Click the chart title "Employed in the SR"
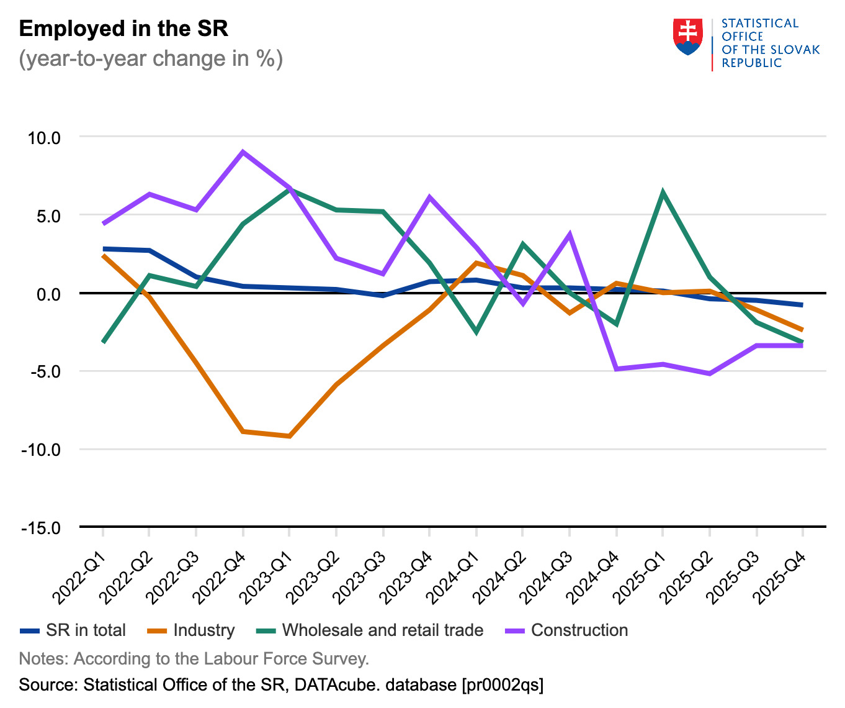click(123, 29)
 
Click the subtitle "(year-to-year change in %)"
click(151, 59)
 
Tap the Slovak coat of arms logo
click(687, 37)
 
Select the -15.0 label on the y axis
click(41, 528)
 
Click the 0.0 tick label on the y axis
click(48, 294)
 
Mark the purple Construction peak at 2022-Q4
click(243, 152)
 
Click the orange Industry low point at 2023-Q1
click(290, 436)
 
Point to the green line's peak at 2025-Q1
click(663, 192)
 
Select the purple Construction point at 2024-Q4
click(616, 369)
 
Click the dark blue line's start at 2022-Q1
click(103, 249)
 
